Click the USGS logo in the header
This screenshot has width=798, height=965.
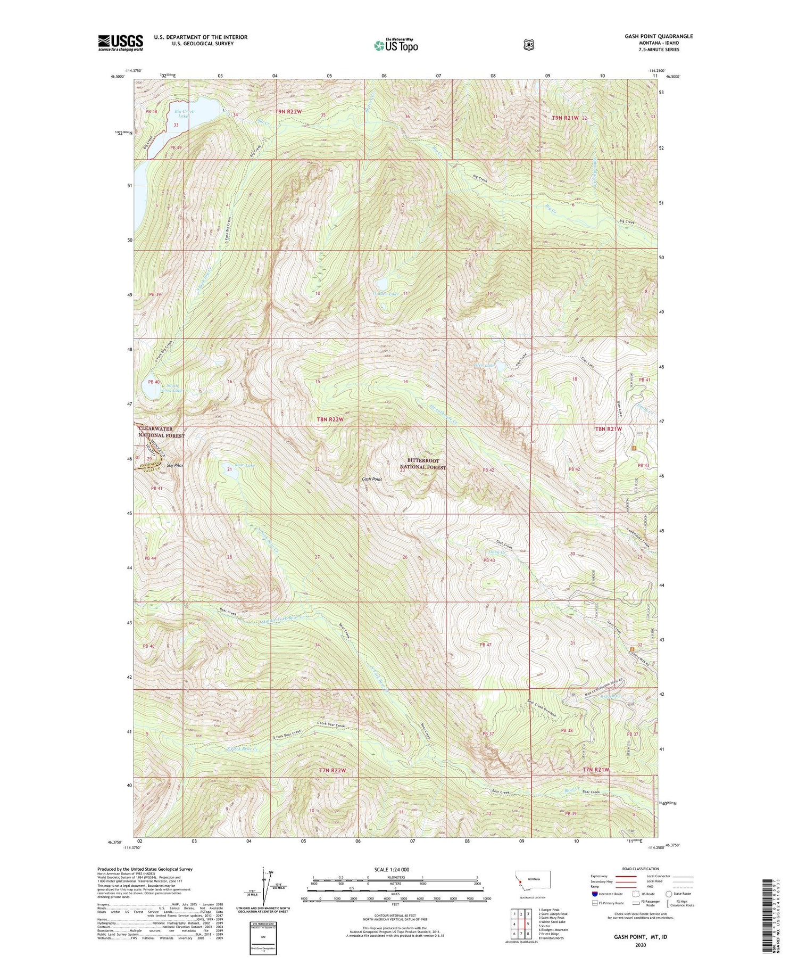point(120,43)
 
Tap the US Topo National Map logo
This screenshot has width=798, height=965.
point(396,45)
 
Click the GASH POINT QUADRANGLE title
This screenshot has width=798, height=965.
point(659,37)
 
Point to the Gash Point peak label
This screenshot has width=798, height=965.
point(372,479)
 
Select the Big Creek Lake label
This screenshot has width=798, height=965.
point(185,113)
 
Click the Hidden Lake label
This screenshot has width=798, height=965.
point(386,293)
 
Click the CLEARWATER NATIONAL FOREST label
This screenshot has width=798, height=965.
point(162,432)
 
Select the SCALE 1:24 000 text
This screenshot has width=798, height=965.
point(395,869)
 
